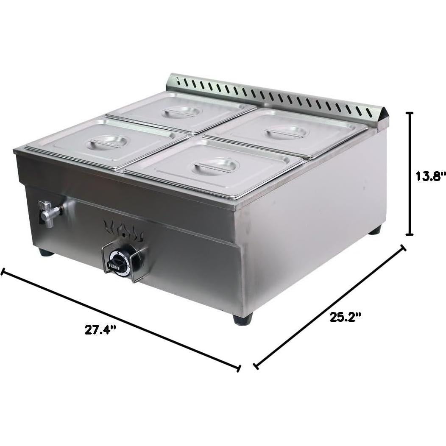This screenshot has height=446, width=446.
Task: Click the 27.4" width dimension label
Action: (x=101, y=330)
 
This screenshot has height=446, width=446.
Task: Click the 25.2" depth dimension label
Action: (x=345, y=317)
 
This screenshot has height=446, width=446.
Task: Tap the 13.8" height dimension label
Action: (x=430, y=176)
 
